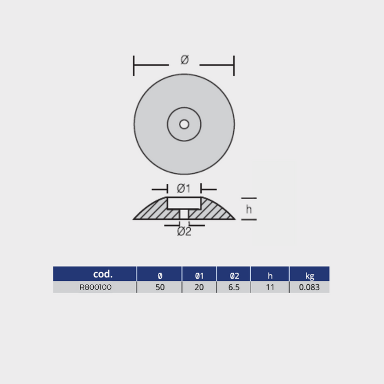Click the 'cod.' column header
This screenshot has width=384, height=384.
tap(103, 274)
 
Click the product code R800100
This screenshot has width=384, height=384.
tap(95, 287)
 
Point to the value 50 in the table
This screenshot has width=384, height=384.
tap(160, 287)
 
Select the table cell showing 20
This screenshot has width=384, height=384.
tap(199, 287)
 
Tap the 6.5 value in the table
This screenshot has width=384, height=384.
tap(234, 287)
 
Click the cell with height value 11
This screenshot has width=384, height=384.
tap(270, 287)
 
